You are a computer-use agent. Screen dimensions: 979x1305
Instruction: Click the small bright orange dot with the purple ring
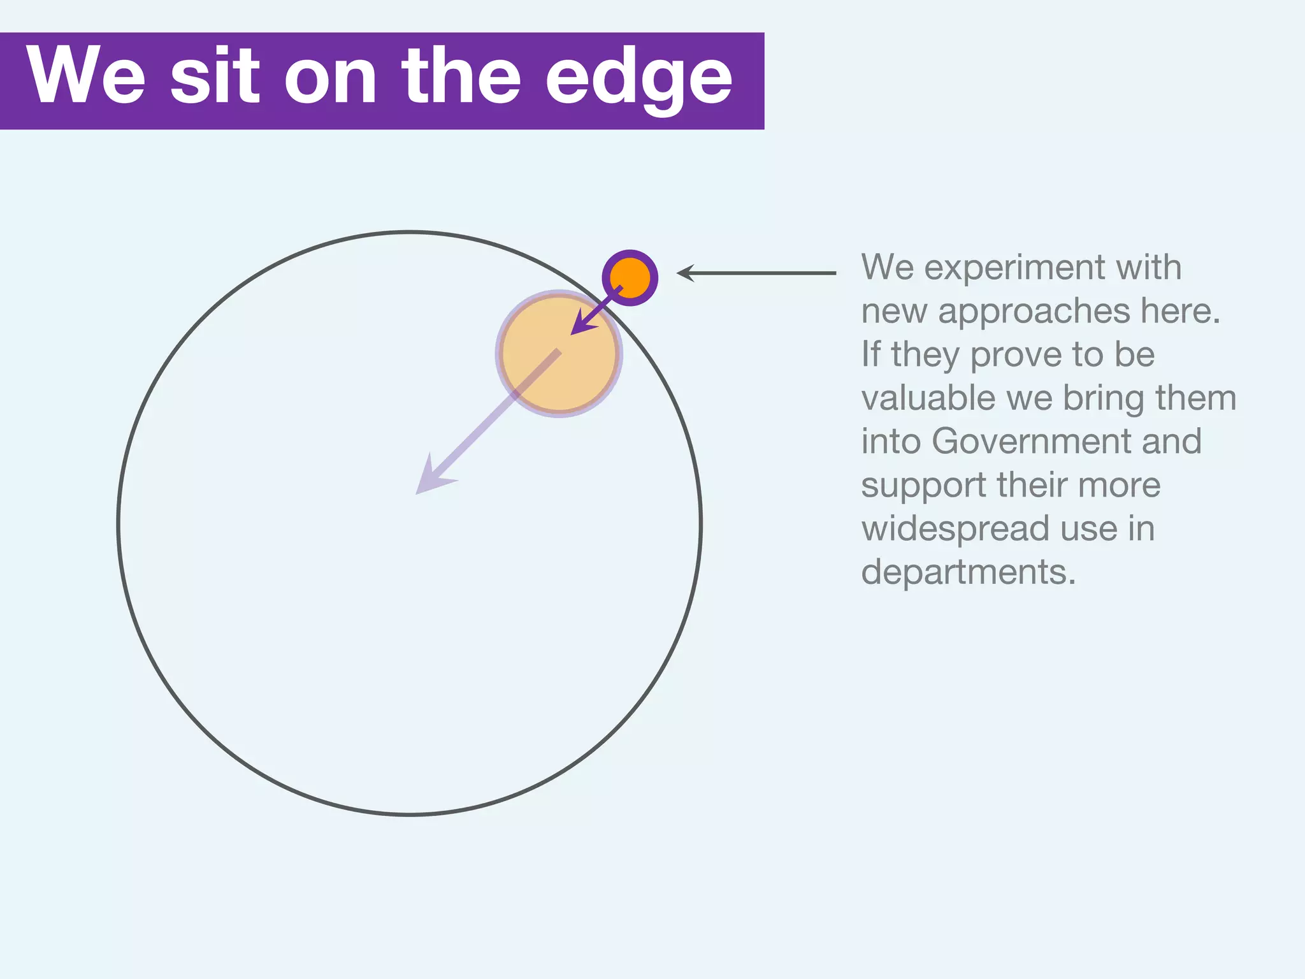(630, 278)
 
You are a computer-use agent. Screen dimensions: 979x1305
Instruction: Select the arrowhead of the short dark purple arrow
(580, 324)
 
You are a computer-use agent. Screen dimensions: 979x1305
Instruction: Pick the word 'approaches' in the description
(1034, 312)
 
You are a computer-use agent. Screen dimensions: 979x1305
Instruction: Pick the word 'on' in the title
(330, 78)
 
